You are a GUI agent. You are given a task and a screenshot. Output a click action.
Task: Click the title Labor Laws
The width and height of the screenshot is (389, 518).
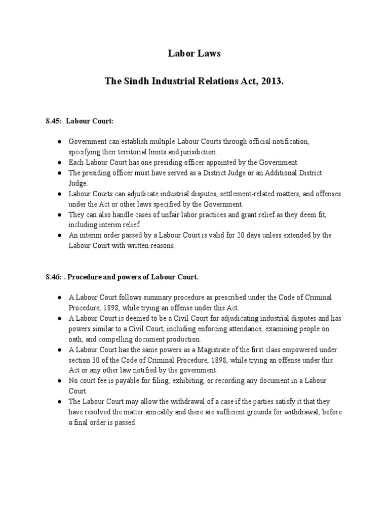[194, 54]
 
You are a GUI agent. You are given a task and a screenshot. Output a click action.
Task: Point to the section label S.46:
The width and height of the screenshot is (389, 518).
[53, 277]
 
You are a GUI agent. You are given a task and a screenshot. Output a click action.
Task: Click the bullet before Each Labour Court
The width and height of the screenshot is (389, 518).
[59, 162]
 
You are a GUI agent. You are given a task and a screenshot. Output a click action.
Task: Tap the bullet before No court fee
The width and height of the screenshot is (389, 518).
[59, 381]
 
